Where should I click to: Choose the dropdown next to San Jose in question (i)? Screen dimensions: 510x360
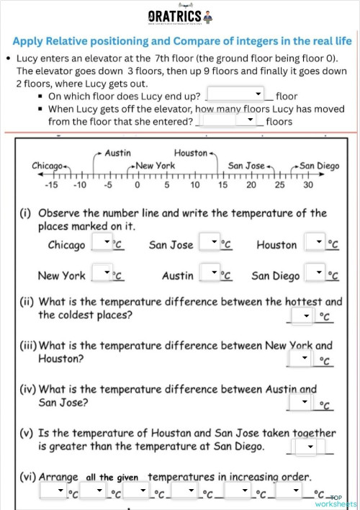209,243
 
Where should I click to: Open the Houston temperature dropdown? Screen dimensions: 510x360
315,243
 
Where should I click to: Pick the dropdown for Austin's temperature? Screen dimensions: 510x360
209,274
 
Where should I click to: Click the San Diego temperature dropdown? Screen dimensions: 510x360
315,274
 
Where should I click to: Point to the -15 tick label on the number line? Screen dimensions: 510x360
50,185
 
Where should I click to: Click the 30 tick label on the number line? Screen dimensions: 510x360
308,185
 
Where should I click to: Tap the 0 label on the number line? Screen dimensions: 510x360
137,185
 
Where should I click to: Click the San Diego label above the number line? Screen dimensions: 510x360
319,166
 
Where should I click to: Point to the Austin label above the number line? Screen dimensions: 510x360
117,153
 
